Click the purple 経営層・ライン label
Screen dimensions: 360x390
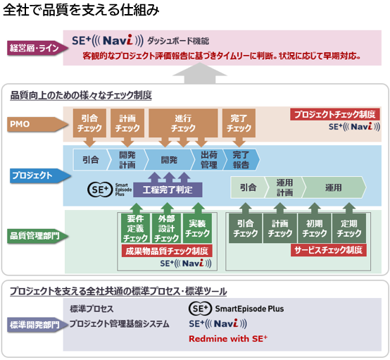pos(32,48)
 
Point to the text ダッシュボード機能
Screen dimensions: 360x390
pos(178,41)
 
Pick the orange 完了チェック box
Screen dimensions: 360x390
pos(239,123)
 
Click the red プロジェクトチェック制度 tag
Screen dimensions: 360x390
pos(335,114)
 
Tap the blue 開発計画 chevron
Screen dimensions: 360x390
pos(127,159)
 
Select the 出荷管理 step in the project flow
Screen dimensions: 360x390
pos(208,159)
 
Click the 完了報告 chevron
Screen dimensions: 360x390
pos(241,159)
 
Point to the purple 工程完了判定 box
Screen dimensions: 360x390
pos(168,190)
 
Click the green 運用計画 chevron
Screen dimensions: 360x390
pos(284,188)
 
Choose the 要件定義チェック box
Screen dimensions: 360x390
pos(136,228)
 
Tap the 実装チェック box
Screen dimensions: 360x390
pos(197,228)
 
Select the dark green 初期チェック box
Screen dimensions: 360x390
pos(314,228)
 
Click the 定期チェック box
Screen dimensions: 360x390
pos(349,228)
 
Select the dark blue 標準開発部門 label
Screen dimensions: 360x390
pos(32,325)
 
